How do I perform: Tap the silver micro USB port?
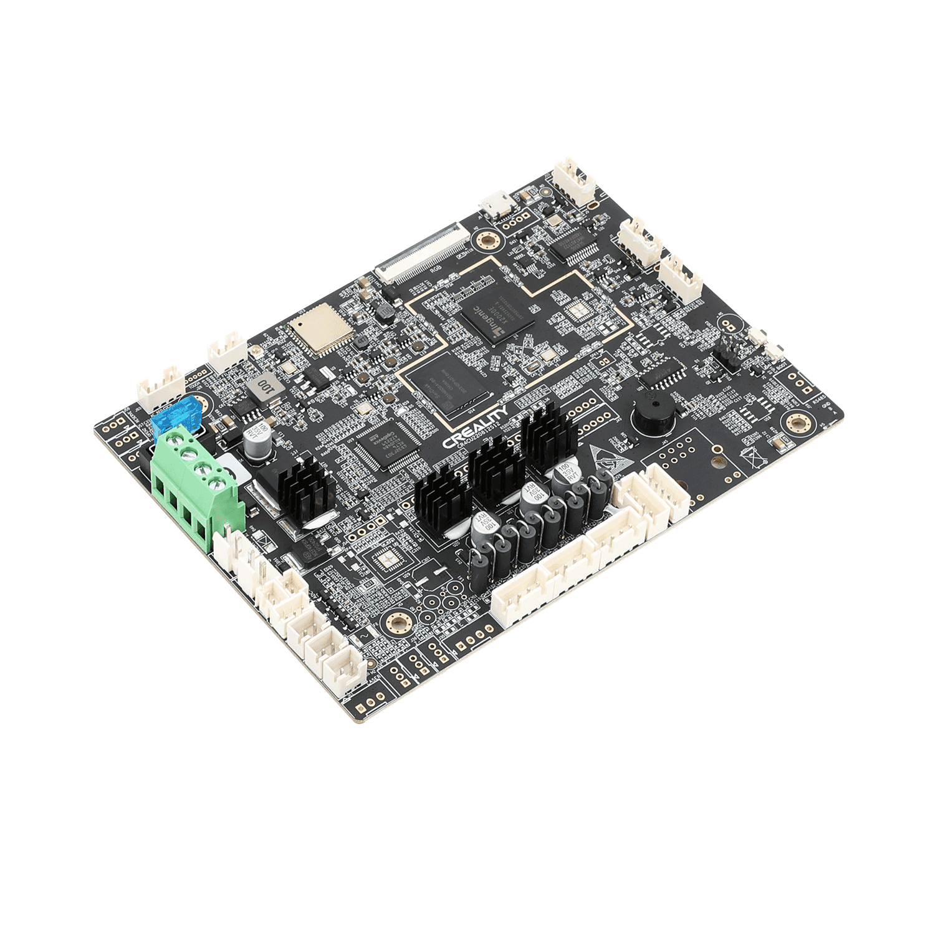coord(496,205)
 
